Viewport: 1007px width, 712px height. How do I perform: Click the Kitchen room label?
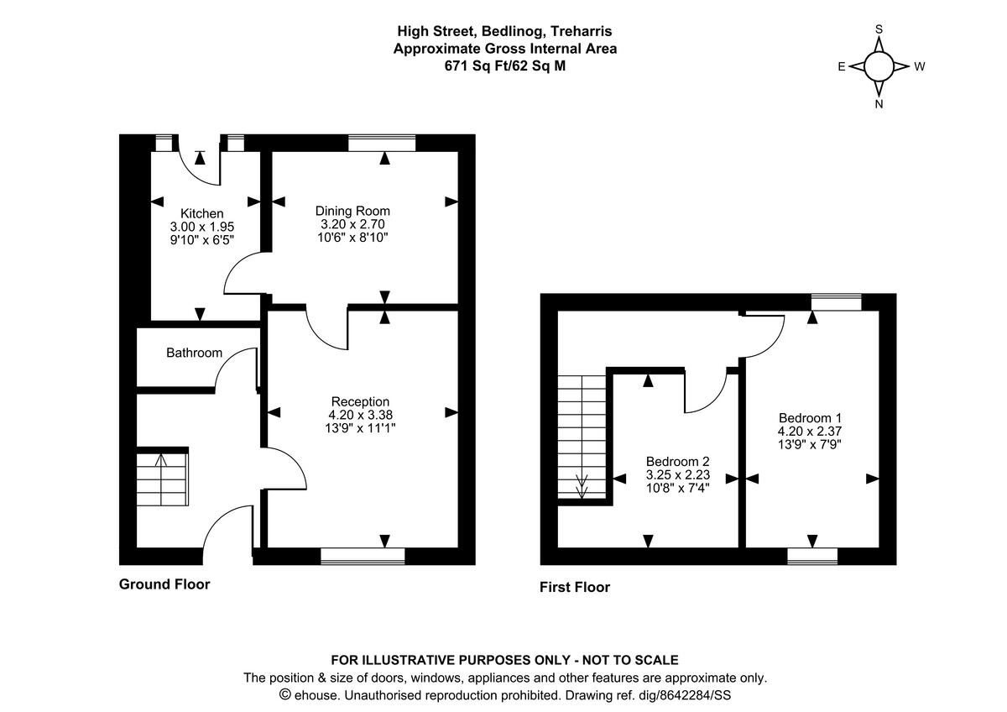[202, 213]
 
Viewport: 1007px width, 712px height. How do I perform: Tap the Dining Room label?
[352, 211]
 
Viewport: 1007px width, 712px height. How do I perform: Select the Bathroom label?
[194, 353]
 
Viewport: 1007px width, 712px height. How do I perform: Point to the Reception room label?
[360, 401]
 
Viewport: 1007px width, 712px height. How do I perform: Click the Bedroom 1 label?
[810, 418]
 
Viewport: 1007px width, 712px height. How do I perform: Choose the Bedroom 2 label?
[677, 461]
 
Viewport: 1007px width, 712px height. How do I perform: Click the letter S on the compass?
[879, 29]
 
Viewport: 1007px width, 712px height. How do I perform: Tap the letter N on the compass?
[879, 105]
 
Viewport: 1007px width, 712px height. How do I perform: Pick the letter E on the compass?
[841, 67]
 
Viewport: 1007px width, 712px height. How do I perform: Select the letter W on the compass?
[919, 67]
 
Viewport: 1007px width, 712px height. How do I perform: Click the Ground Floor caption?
[164, 584]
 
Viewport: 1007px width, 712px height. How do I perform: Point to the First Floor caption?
[575, 588]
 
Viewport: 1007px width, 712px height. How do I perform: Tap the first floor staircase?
[582, 437]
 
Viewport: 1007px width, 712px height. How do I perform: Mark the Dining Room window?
[382, 144]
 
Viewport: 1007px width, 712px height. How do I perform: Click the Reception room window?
[363, 555]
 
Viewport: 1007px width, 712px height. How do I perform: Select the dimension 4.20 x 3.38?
[360, 414]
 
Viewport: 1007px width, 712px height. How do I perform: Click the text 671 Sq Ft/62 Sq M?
[505, 65]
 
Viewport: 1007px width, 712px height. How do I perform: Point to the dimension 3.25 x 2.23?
[677, 474]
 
